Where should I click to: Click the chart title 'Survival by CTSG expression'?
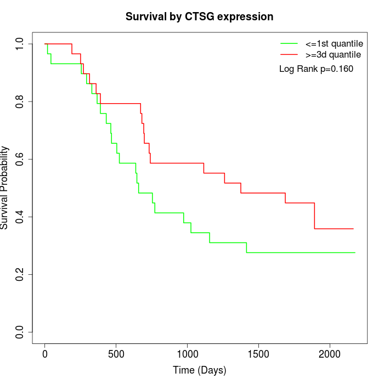pos(199,16)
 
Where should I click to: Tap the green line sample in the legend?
pos(289,43)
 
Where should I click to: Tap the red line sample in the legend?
pos(289,55)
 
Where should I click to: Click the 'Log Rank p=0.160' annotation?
pos(316,69)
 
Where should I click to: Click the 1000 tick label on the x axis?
pos(187,354)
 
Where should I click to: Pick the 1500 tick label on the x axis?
pos(258,354)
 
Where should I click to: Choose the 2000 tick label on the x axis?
pos(330,354)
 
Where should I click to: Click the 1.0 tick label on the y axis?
pos(20,44)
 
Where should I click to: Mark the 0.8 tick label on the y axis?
pos(20,101)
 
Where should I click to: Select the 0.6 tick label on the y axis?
pos(20,159)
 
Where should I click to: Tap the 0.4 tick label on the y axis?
pos(20,217)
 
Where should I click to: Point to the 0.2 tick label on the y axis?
pos(20,274)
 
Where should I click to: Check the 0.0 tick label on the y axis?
pos(20,332)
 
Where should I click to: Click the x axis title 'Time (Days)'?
pos(199,370)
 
